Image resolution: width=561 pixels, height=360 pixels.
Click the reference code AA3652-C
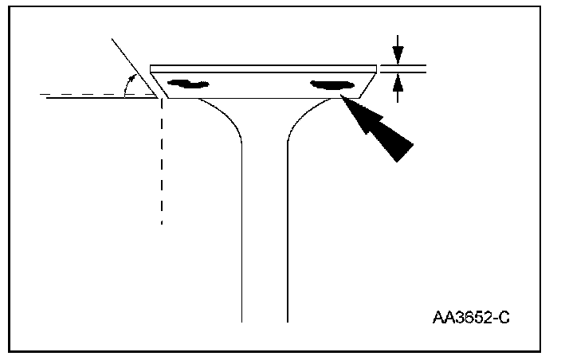point(470,318)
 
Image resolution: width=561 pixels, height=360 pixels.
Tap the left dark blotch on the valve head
point(188,83)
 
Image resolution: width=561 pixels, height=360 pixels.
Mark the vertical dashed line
point(162,159)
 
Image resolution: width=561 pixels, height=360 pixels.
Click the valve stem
point(264,239)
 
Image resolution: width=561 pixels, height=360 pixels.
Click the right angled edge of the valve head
point(369,84)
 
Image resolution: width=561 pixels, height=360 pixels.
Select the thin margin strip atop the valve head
point(263,67)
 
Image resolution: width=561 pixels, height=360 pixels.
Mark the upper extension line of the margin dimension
point(403,64)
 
